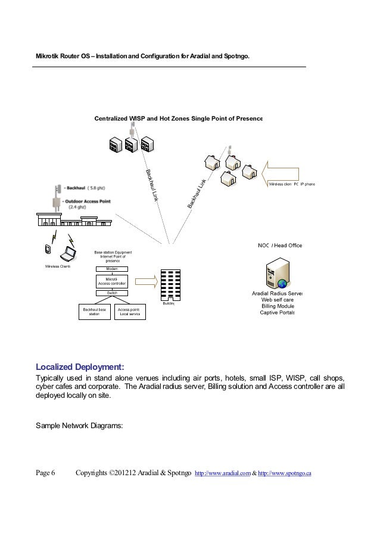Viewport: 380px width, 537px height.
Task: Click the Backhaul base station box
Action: pos(94,312)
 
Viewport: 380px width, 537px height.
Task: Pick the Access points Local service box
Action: pos(129,312)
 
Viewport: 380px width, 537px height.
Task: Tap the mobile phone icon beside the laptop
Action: pos(47,249)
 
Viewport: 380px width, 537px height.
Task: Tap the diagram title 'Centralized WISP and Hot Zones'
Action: pos(178,118)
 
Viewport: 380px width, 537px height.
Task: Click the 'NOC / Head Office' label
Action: pos(280,245)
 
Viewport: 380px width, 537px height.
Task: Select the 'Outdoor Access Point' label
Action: pos(87,201)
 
